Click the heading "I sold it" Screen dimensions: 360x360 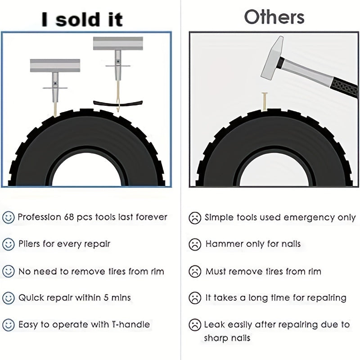click(x=82, y=19)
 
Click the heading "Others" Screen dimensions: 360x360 click(x=274, y=17)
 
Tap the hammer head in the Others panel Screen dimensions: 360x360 click(x=272, y=58)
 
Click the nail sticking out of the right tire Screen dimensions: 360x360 click(x=265, y=101)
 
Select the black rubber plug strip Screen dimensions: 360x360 click(x=118, y=103)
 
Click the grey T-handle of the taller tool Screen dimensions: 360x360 click(x=118, y=43)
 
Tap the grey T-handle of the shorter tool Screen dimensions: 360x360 click(x=55, y=65)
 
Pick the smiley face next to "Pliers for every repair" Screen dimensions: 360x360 click(x=9, y=244)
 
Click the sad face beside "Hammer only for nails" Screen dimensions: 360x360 click(x=195, y=244)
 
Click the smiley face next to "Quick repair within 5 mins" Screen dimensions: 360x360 click(x=9, y=298)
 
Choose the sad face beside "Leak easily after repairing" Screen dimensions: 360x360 click(x=195, y=325)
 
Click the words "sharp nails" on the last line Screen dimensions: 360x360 click(x=227, y=338)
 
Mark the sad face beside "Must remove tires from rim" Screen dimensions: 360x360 click(x=195, y=271)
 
